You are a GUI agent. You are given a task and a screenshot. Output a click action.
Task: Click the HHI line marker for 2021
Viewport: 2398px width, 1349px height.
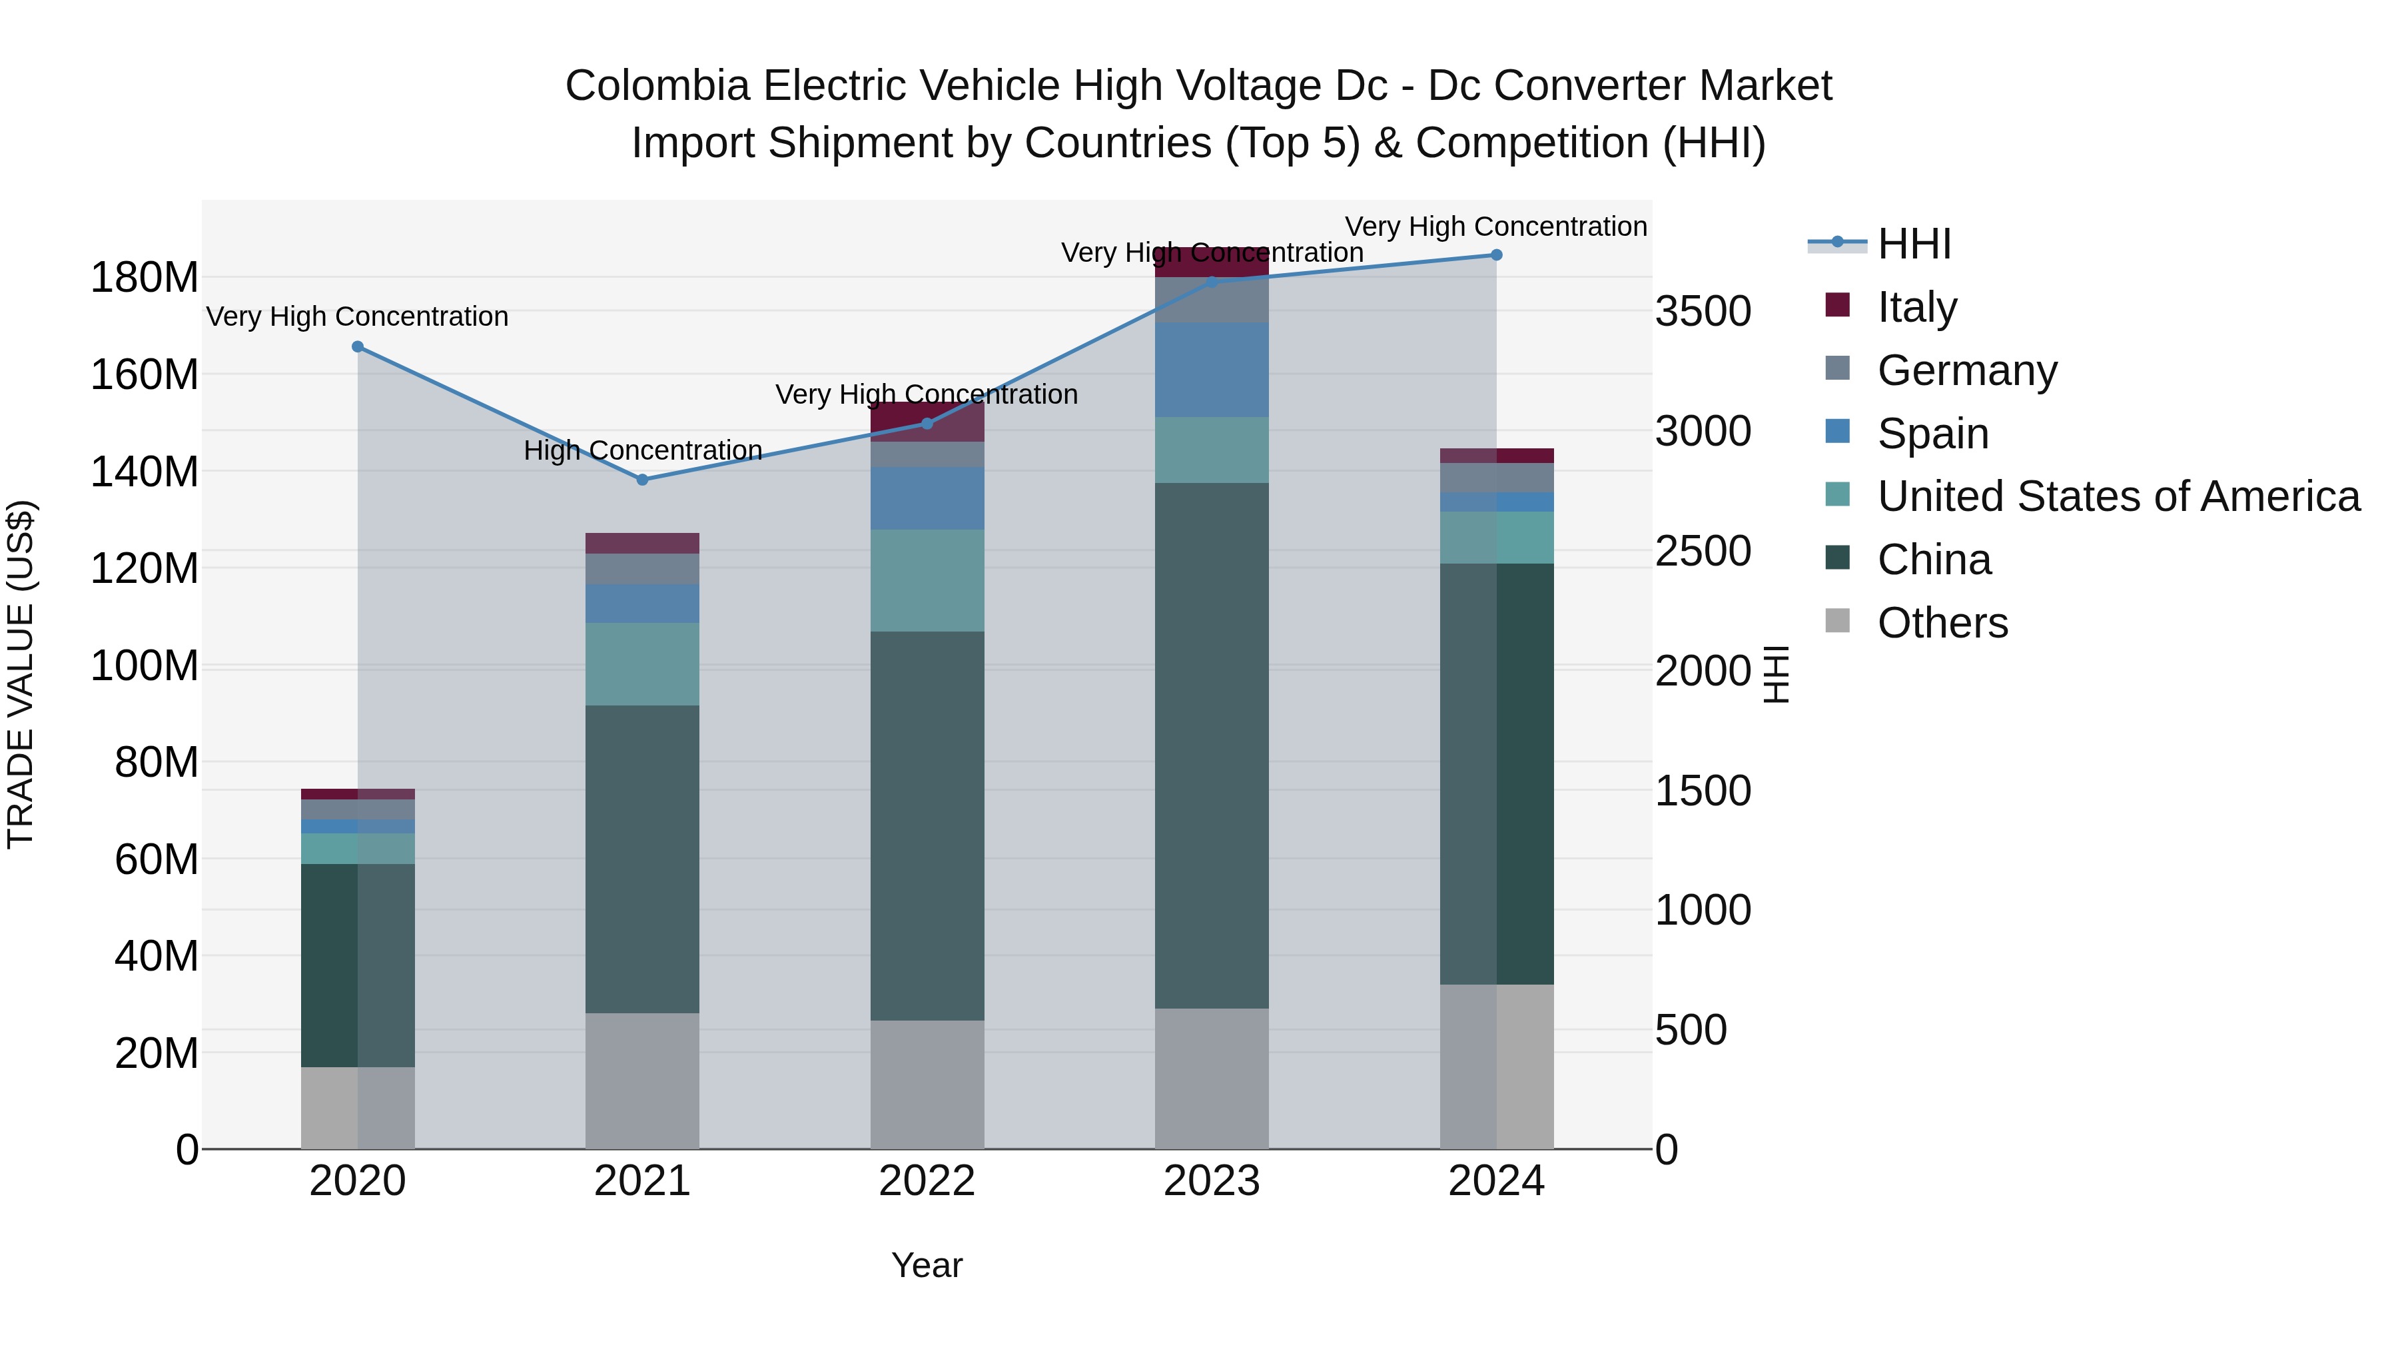(641, 480)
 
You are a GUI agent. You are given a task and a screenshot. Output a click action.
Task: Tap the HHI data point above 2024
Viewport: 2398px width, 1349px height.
(1496, 255)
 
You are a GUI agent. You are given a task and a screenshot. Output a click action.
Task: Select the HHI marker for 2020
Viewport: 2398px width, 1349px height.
(358, 346)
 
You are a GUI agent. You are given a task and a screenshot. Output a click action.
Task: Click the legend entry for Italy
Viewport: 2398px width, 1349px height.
(1916, 306)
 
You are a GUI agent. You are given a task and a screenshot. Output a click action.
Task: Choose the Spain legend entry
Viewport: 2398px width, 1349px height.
(1932, 433)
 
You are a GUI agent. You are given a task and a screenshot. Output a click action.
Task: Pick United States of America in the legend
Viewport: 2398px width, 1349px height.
(2118, 496)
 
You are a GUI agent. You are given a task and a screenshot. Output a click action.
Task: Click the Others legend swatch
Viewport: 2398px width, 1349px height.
(1838, 621)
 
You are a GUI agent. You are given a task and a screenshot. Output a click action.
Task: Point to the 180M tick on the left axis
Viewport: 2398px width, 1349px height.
(145, 277)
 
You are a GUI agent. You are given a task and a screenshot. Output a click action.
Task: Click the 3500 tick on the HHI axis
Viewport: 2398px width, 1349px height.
(1703, 311)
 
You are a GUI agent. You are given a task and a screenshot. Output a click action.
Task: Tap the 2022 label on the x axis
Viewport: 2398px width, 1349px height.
(927, 1181)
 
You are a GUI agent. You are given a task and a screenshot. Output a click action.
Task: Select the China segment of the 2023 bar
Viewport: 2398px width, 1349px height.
(1211, 745)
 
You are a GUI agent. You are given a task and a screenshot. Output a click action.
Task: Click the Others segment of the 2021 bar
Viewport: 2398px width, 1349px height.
(641, 1080)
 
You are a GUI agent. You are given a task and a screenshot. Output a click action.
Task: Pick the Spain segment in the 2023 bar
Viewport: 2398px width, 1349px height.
(1211, 370)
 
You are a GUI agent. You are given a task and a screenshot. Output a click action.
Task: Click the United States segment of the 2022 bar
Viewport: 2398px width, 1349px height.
(927, 580)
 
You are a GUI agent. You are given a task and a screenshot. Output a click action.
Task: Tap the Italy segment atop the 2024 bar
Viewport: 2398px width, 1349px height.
(1496, 455)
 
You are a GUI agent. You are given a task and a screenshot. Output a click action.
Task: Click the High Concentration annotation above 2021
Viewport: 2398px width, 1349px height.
(642, 450)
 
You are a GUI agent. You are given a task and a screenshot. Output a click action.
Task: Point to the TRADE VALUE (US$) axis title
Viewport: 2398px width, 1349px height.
(21, 674)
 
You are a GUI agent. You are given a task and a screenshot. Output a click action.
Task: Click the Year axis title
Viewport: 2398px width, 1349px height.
(927, 1265)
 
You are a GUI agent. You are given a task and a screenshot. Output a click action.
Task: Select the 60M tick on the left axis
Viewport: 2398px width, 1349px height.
(157, 859)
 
